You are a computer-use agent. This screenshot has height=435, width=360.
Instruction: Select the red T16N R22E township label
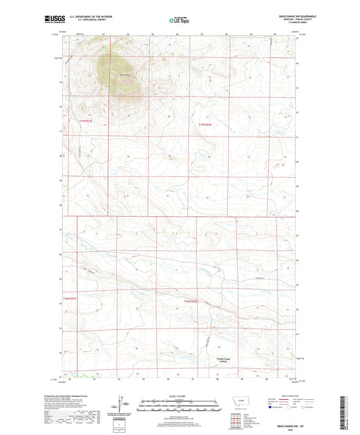click(192, 301)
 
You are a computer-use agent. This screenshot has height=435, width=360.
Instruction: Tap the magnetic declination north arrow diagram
click(122, 407)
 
